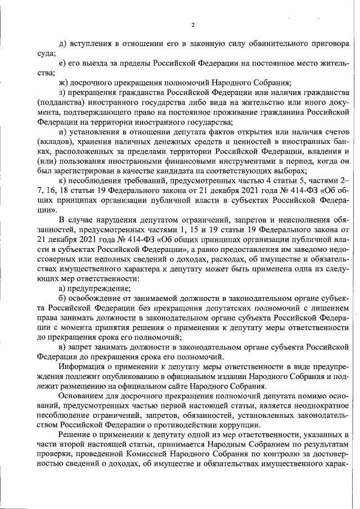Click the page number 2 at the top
click(x=192, y=25)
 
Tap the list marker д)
click(x=62, y=43)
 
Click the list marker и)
click(x=63, y=132)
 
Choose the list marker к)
click(x=62, y=180)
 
